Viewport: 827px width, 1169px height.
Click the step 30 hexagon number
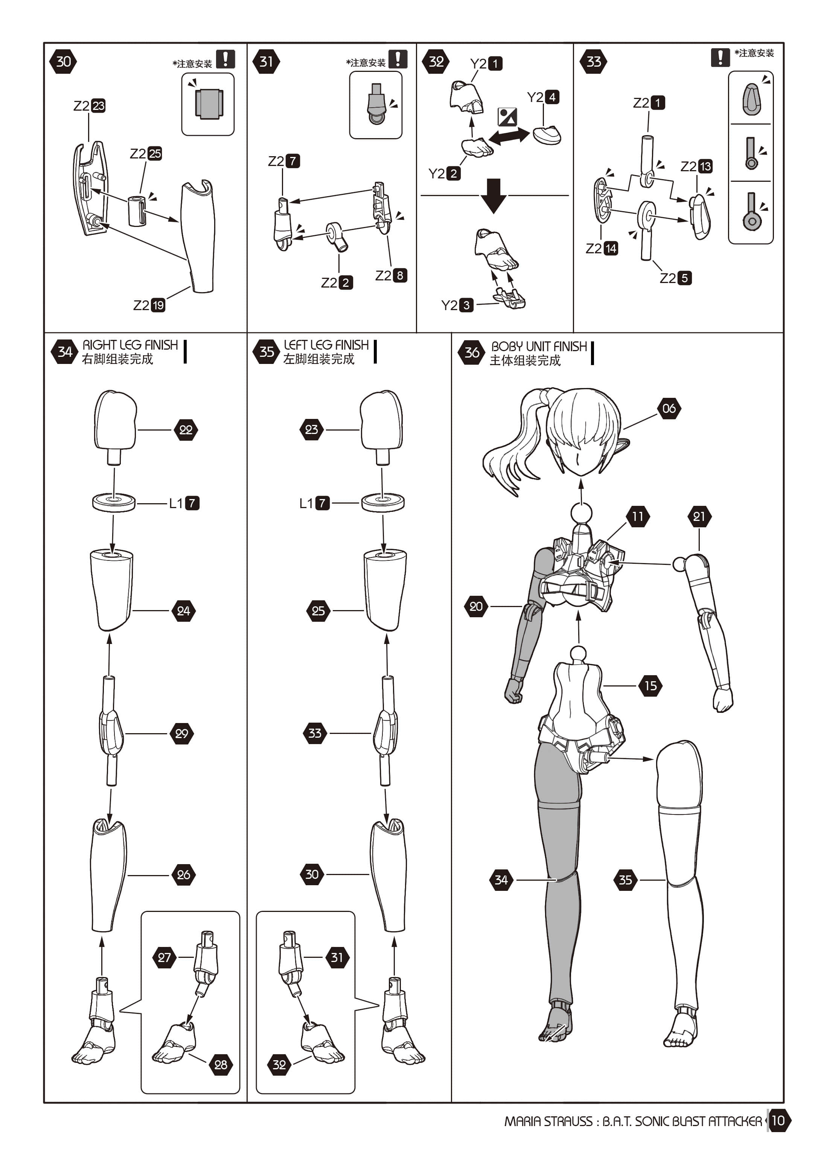[63, 62]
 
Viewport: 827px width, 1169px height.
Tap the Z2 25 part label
[146, 153]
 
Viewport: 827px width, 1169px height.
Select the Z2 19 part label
[149, 305]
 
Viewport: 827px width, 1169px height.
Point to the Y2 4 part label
[543, 97]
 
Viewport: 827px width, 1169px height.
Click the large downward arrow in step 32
[493, 195]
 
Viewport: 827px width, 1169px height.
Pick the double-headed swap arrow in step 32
[509, 136]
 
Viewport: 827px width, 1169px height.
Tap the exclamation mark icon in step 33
[720, 57]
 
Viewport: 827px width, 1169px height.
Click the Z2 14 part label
[602, 248]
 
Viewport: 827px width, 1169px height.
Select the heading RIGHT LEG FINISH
[130, 345]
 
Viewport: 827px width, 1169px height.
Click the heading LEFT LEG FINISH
[326, 345]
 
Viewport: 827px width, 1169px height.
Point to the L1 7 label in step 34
[184, 503]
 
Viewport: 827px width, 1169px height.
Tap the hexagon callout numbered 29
[181, 733]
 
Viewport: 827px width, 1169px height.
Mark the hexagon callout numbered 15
[650, 685]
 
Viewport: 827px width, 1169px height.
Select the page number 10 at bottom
[778, 1120]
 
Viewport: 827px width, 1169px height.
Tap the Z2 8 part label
[391, 276]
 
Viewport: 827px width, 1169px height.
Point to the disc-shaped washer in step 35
[383, 502]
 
